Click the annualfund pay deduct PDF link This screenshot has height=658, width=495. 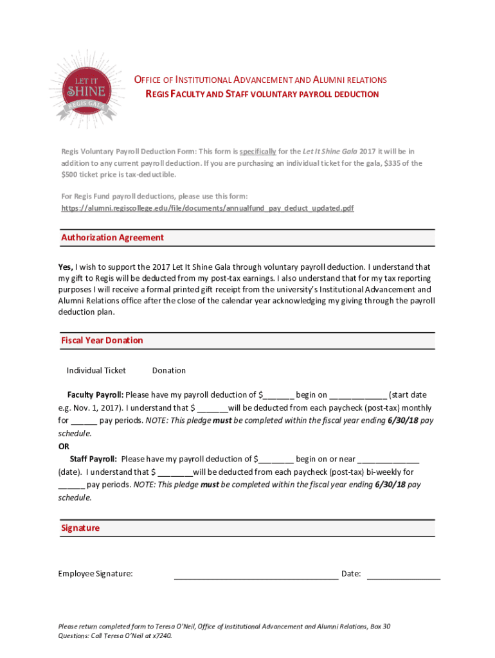tap(207, 209)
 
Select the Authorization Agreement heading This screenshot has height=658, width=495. tap(113, 238)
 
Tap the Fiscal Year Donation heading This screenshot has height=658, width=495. tap(102, 341)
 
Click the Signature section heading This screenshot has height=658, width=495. tap(80, 528)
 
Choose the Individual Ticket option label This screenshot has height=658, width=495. tap(96, 371)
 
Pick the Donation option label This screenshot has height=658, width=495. tap(169, 371)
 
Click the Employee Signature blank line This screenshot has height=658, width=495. tap(256, 575)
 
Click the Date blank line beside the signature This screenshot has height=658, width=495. tap(403, 575)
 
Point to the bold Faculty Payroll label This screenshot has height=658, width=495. tap(95, 395)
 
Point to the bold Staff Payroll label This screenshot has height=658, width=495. tap(93, 459)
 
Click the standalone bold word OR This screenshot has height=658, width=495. tap(64, 447)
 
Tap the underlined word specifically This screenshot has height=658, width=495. tap(258, 152)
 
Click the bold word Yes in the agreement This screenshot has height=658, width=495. tap(66, 267)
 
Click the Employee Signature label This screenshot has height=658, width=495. tap(96, 574)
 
